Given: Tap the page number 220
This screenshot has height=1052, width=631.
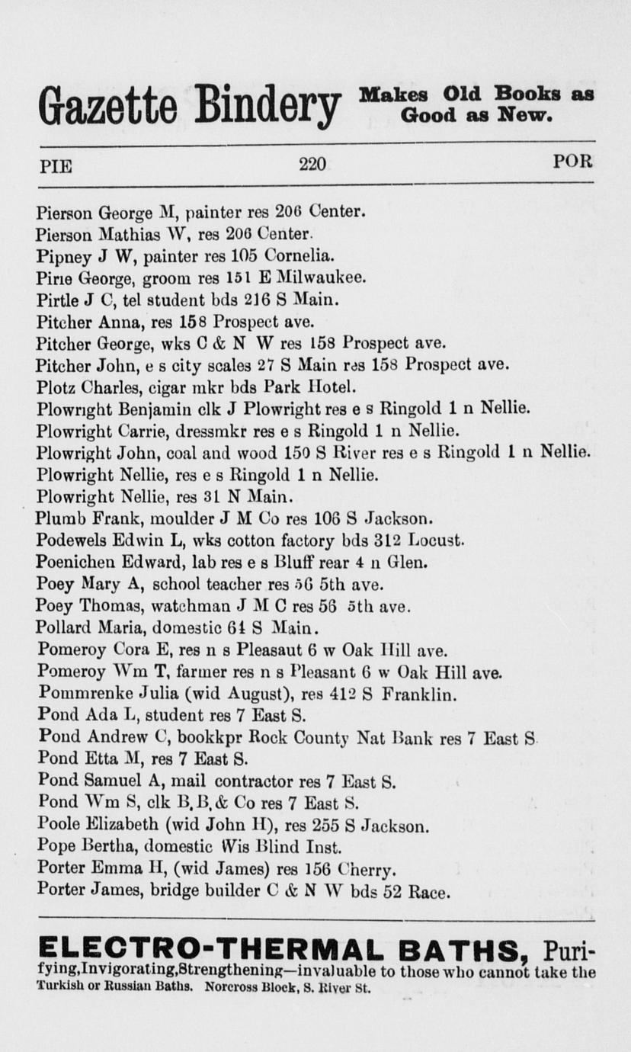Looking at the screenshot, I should pos(312,164).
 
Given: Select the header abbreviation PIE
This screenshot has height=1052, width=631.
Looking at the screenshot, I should pos(56,165).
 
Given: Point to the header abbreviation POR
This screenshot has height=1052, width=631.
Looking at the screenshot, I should pos(573,162).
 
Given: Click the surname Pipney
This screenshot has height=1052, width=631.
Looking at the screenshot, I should pos(61,255).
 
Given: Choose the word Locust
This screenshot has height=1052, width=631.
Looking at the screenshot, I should pos(436,540).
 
